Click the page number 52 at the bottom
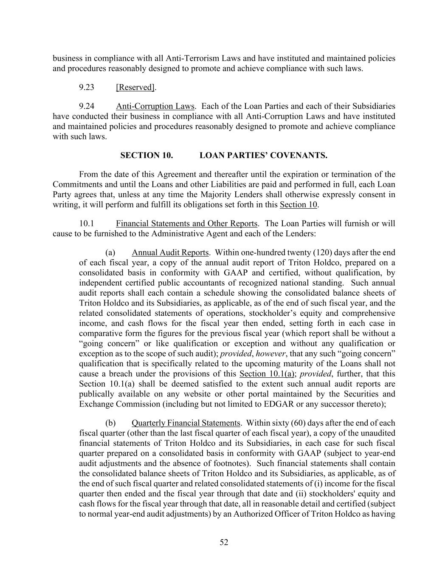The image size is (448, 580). [224, 542]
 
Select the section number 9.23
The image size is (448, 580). [86, 87]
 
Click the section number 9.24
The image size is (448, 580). [86, 106]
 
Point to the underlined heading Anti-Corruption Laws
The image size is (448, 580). [155, 106]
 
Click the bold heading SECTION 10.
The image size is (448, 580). [147, 155]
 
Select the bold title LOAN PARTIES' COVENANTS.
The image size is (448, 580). [263, 155]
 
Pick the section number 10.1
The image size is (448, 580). [86, 223]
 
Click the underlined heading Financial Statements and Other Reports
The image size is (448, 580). [186, 223]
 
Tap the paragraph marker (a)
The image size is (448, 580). [110, 252]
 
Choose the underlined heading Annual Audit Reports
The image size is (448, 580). [170, 252]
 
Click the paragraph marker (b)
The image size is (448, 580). [110, 423]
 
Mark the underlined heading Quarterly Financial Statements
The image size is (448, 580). [186, 423]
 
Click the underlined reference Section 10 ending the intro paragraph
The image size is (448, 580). [299, 204]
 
